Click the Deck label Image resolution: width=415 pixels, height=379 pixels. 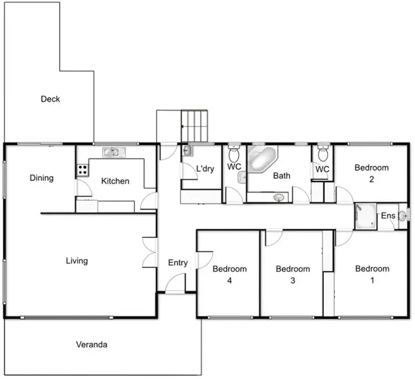point(50,100)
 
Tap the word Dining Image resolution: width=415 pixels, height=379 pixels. point(41,178)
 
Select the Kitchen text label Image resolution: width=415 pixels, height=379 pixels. point(115,181)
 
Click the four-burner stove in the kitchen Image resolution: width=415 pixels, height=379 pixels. point(82,170)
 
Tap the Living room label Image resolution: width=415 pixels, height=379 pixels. point(76,261)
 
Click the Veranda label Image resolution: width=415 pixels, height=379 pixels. point(91,345)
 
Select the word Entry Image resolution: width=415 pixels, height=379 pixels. point(178,263)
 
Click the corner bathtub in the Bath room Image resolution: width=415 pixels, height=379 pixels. point(260,158)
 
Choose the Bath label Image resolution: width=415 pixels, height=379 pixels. point(282,176)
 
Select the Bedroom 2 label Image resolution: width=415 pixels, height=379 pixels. point(371,173)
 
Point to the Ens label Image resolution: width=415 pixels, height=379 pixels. point(387,216)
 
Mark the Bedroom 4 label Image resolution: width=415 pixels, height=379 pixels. point(230,274)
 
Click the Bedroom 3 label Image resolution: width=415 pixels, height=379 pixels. point(293,274)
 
